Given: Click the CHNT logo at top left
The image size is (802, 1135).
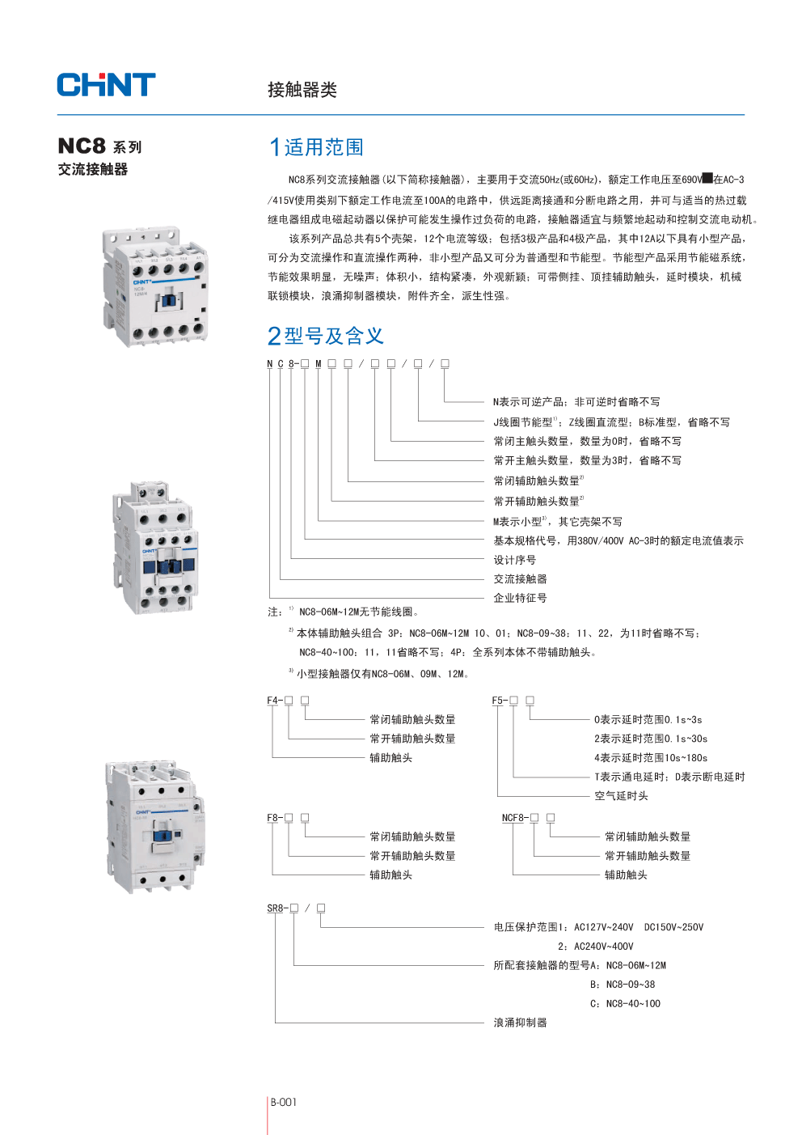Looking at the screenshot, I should pos(106,85).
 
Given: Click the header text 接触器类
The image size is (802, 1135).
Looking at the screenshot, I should pos(302,90).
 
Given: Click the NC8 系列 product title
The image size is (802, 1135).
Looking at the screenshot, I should pos(99,146).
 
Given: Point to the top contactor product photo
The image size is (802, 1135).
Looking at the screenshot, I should pos(155,287).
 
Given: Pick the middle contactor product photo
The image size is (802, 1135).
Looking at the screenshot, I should pos(155,547).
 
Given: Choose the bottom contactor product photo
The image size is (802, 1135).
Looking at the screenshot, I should pos(155,826).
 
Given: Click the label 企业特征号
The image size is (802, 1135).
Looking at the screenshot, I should pos(520,598).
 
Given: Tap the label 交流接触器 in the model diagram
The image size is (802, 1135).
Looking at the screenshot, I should pos(520,579).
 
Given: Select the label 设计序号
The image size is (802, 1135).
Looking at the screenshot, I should pos(514,560).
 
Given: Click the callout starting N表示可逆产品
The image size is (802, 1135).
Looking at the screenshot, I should pos(576,402).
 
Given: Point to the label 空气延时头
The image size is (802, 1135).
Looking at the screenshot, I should pos(621,796).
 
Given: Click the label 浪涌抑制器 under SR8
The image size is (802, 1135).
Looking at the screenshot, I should pos(520,1023).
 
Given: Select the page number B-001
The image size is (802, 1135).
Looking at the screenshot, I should pos(284,1102).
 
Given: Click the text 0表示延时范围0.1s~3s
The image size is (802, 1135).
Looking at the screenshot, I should pos(648,720).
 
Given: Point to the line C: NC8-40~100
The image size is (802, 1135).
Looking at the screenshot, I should pos(624,1004).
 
